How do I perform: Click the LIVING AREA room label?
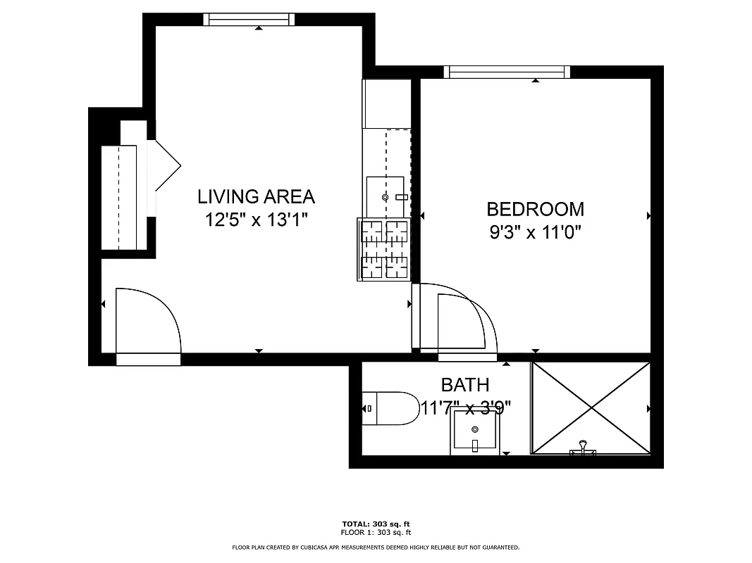(x=256, y=196)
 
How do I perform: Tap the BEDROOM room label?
(x=535, y=209)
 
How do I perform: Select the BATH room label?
(x=464, y=385)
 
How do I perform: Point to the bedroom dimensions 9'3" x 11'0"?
(x=535, y=232)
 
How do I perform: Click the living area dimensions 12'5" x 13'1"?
(x=256, y=220)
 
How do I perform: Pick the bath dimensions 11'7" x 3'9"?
(x=465, y=407)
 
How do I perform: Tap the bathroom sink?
(x=475, y=431)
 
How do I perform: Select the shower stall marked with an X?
(x=591, y=407)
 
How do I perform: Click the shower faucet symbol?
(x=582, y=448)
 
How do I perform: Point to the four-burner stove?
(x=385, y=249)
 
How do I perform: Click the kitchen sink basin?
(x=386, y=197)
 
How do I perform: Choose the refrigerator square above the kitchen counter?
(x=386, y=103)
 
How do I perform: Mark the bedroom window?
(x=507, y=72)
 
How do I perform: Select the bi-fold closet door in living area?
(x=166, y=165)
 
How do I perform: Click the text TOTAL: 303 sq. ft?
(x=376, y=524)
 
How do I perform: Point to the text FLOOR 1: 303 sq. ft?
(x=376, y=533)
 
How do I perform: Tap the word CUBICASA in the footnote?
(x=314, y=548)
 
